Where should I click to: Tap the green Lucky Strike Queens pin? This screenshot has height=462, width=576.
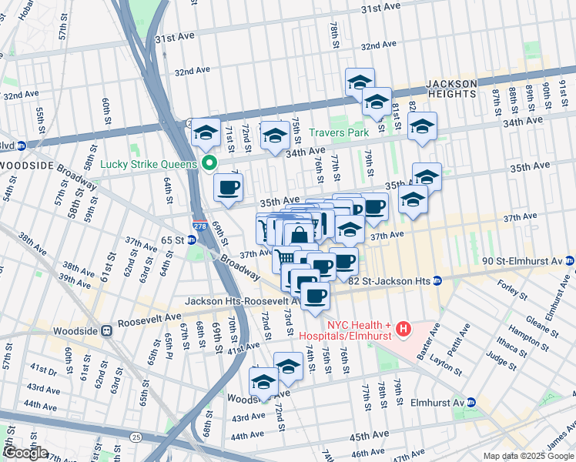click(x=209, y=162)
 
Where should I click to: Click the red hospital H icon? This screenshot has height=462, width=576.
click(x=402, y=330)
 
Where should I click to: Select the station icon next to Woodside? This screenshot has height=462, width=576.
click(x=106, y=331)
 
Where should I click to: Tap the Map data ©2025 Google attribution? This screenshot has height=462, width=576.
click(x=528, y=456)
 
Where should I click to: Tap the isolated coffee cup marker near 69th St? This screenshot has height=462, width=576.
click(x=228, y=189)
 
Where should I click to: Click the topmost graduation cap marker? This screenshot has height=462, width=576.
click(x=360, y=82)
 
